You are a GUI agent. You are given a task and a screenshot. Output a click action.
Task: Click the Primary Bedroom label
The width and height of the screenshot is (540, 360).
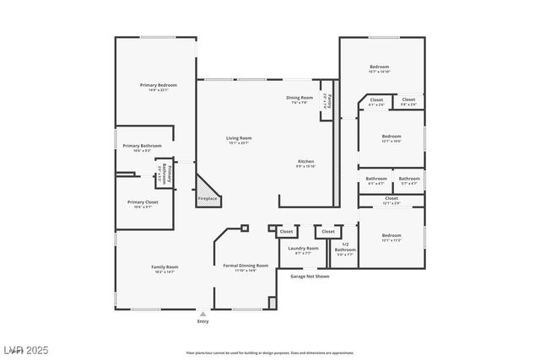click(x=158, y=85)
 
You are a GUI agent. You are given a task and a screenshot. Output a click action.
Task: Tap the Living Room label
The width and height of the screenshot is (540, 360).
click(x=238, y=138)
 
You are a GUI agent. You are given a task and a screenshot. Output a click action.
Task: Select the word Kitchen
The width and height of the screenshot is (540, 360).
click(x=305, y=161)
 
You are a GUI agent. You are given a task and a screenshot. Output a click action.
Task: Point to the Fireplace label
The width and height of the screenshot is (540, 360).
click(x=208, y=199)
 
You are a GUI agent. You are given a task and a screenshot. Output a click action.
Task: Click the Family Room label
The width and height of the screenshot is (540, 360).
click(x=165, y=266)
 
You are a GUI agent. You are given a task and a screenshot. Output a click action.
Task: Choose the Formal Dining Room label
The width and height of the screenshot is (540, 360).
click(x=246, y=266)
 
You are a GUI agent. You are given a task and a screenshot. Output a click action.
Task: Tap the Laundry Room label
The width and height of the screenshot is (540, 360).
click(x=303, y=248)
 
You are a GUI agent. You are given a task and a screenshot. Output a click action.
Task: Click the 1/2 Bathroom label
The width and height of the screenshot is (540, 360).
click(x=345, y=247)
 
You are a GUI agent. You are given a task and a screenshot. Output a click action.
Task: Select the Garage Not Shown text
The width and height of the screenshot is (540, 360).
click(x=309, y=276)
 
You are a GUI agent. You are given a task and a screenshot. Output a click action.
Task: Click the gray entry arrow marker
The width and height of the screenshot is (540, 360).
click(x=202, y=314)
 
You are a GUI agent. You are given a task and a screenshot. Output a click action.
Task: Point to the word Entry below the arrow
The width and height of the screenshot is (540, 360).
click(x=202, y=321)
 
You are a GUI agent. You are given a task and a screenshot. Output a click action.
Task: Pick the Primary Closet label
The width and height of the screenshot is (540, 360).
click(x=143, y=202)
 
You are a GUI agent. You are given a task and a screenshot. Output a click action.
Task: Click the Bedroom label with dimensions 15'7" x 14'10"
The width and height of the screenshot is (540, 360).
click(x=379, y=67)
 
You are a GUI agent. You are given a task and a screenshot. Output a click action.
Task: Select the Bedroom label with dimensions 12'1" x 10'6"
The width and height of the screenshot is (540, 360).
click(x=391, y=137)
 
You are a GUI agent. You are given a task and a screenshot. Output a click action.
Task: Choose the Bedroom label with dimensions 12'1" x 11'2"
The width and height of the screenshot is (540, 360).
click(x=391, y=236)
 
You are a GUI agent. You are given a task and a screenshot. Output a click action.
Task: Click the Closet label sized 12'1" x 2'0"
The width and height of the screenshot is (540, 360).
click(x=391, y=200)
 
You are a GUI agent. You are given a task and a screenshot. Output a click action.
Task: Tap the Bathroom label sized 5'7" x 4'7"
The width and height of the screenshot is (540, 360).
click(x=409, y=180)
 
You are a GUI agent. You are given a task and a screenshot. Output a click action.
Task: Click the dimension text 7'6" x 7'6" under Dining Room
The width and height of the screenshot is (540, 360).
click(x=300, y=103)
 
